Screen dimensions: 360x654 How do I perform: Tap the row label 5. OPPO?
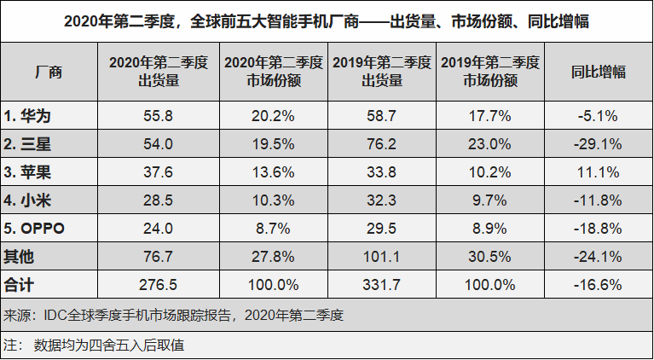[x=35, y=228]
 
